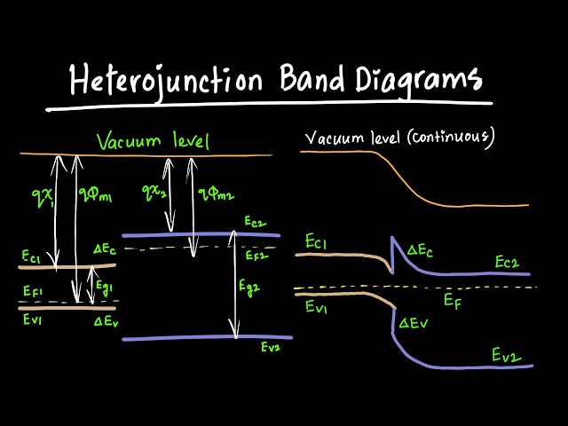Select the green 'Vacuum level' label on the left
[153, 142]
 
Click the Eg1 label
[105, 288]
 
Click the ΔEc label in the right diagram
[421, 251]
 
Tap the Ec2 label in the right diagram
[506, 263]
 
